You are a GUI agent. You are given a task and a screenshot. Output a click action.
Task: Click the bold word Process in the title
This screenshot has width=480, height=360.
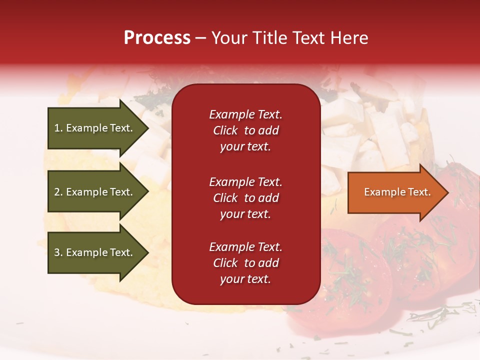coord(157,38)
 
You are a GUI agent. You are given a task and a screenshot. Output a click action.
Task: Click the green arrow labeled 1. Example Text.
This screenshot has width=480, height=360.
coord(95,128)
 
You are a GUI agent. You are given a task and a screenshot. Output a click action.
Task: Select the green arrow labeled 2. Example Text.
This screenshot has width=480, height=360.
coord(95,192)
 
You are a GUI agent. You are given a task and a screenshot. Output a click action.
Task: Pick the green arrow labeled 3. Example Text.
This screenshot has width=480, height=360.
coord(95,252)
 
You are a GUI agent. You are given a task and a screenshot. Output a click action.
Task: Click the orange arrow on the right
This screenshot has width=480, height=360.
coord(395,192)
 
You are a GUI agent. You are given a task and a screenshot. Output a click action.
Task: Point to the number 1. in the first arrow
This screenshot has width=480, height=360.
coord(58,128)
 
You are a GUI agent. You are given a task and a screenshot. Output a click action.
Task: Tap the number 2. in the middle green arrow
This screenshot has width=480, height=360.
coord(58,192)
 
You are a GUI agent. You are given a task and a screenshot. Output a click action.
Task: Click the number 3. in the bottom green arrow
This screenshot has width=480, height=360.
coord(58,252)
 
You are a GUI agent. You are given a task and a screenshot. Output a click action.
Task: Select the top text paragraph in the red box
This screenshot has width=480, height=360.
coord(245,130)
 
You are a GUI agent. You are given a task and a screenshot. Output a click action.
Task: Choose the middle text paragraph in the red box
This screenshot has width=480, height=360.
coord(245,198)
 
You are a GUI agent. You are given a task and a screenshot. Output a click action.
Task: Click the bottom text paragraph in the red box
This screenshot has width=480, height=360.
coord(245,263)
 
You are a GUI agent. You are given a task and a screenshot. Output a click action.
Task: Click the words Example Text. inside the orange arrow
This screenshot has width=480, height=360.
coord(397,192)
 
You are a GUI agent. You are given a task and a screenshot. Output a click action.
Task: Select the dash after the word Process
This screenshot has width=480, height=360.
coord(201,38)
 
